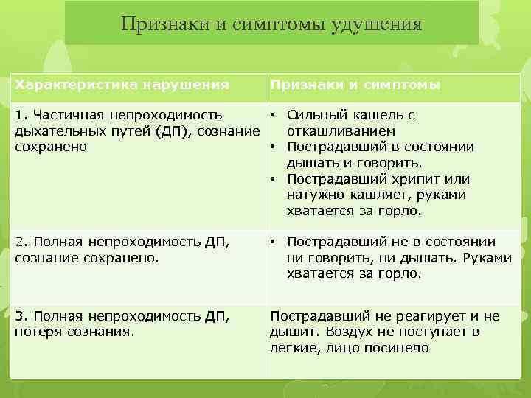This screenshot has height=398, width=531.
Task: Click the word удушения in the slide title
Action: [380, 24]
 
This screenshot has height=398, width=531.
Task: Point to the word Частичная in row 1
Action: [75, 115]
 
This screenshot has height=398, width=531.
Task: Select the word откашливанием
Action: [333, 131]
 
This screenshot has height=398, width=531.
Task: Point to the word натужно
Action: [314, 195]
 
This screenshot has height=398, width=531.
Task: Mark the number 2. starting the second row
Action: [21, 242]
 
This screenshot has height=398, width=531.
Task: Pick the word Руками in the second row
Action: [485, 258]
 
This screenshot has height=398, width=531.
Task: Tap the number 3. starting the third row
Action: [21, 316]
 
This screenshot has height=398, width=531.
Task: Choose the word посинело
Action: [400, 348]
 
